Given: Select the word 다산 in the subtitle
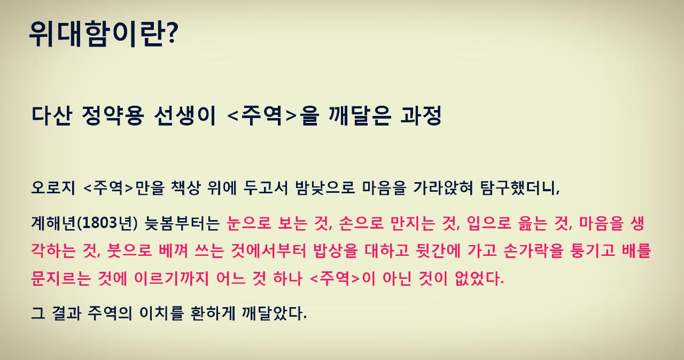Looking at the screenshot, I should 52,116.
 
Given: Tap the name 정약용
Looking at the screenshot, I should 113,116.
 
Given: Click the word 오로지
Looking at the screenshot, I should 52,189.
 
